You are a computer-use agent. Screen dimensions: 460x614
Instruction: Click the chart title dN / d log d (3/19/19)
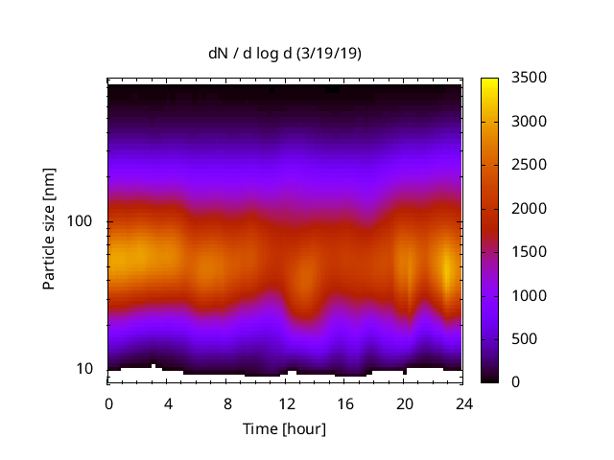tap(285, 54)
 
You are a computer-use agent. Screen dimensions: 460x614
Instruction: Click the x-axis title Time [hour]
tap(285, 428)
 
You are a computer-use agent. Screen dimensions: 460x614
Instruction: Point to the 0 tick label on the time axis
tap(108, 402)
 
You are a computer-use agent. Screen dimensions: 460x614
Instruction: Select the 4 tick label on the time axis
tap(168, 402)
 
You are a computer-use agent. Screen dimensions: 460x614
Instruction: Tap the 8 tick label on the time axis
tap(226, 402)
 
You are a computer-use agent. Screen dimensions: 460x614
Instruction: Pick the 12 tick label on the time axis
tap(286, 402)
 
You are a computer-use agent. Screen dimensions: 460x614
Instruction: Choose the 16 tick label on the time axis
tap(344, 402)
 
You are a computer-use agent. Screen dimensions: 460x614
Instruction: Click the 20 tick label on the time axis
tap(404, 402)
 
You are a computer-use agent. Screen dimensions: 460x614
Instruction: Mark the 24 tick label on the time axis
tap(462, 402)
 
